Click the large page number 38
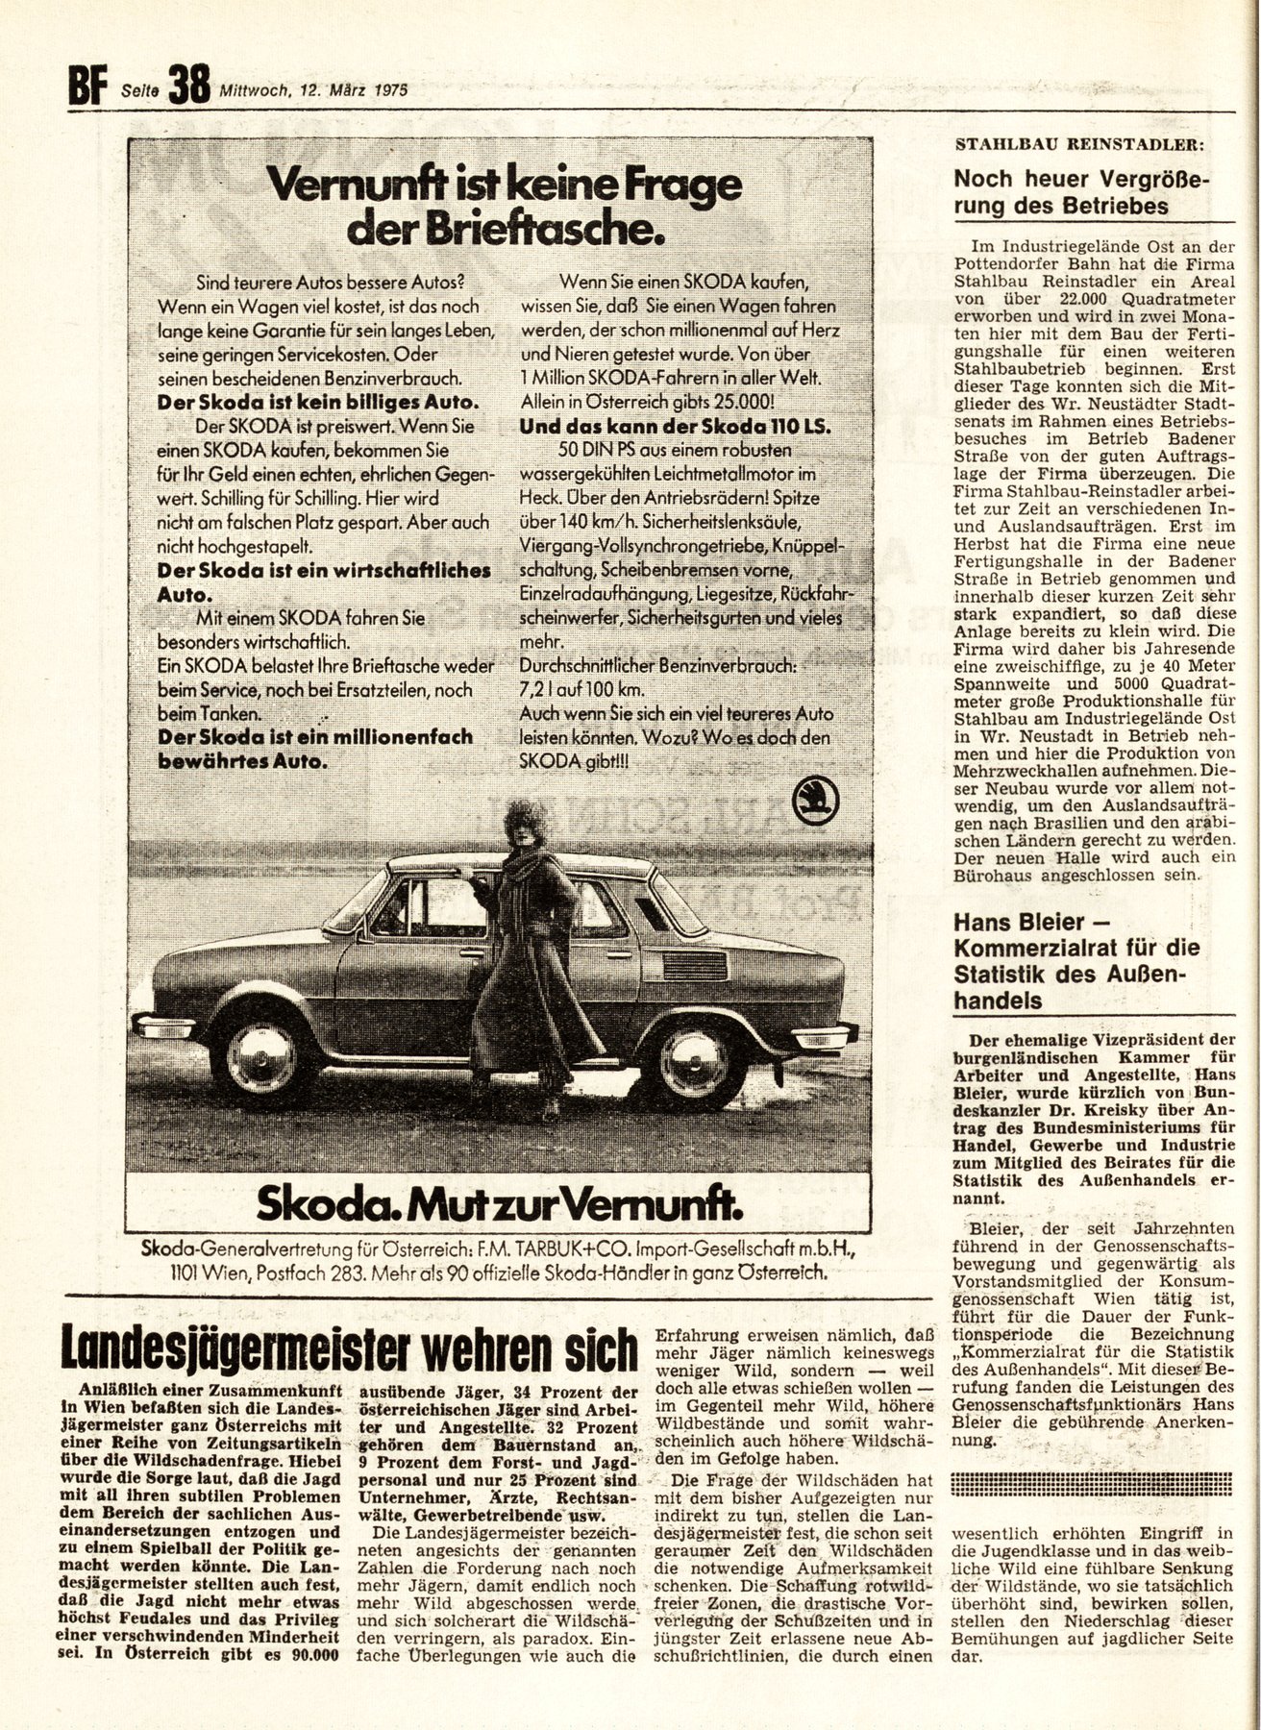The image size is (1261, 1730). click(188, 86)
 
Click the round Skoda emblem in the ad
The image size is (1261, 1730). click(817, 800)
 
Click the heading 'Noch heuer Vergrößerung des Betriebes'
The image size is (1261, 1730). click(1080, 192)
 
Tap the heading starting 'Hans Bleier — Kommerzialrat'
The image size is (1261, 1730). click(1076, 973)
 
